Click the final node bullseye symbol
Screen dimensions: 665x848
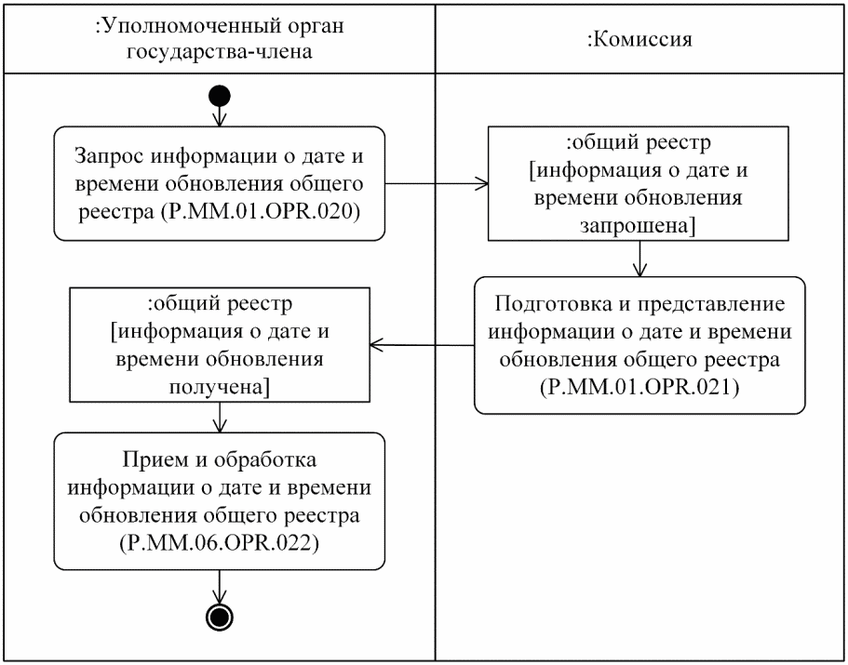pyautogui.click(x=221, y=615)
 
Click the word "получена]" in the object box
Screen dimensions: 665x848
pyautogui.click(x=220, y=386)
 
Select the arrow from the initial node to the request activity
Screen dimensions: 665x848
pyautogui.click(x=221, y=113)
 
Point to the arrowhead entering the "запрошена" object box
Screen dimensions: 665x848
pyautogui.click(x=483, y=183)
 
